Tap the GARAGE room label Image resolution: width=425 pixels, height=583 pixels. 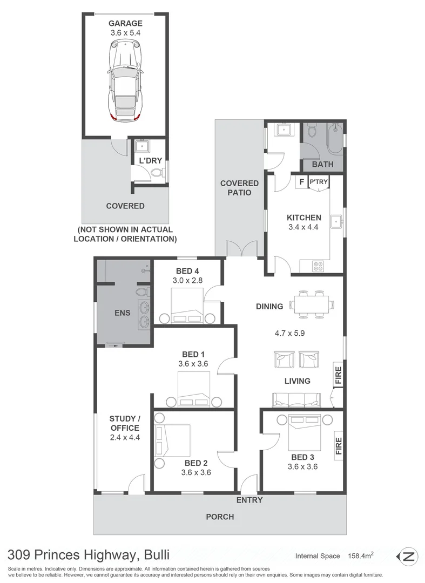point(125,23)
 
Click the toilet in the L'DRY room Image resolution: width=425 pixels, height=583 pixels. point(156,173)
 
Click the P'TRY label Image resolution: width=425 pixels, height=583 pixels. point(318,182)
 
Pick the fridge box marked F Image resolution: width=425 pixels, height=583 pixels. point(301,182)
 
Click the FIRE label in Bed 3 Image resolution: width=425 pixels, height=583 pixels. point(339,445)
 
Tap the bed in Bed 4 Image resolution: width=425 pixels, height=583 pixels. point(187,305)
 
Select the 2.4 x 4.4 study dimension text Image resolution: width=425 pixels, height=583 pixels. point(124,438)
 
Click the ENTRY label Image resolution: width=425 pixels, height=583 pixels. point(249,500)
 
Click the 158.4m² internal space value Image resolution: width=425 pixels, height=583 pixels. point(365,555)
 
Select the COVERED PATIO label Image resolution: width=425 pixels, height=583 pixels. point(239,188)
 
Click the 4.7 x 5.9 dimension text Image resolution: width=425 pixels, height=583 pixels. point(289,333)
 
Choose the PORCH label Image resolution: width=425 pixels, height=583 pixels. point(220,517)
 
